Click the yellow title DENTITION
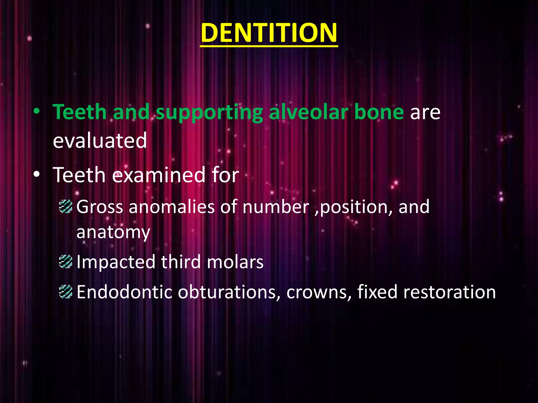(269, 33)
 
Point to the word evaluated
(100, 141)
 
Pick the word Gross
(100, 207)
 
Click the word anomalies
(172, 207)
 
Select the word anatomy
(113, 232)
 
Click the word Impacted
(116, 262)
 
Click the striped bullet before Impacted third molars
(65, 262)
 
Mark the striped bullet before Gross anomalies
(65, 206)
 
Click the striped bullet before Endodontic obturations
(65, 292)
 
